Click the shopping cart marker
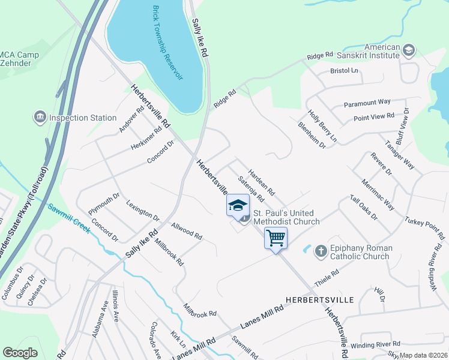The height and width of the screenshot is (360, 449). (276, 238)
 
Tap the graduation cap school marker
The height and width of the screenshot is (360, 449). (238, 205)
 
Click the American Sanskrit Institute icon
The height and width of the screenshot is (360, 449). (409, 50)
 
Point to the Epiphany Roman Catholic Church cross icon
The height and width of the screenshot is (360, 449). (321, 250)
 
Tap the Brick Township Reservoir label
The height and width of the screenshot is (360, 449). (166, 41)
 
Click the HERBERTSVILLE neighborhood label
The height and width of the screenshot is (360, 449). (312, 299)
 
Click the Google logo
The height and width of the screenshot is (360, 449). (20, 353)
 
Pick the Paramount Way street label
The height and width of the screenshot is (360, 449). (367, 103)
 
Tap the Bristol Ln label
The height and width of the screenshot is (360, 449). (344, 71)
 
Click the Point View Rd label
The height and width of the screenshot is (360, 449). (373, 116)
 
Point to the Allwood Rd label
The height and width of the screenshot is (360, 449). (187, 231)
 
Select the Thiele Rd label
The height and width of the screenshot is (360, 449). (327, 278)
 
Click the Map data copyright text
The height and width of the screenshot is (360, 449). (424, 355)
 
